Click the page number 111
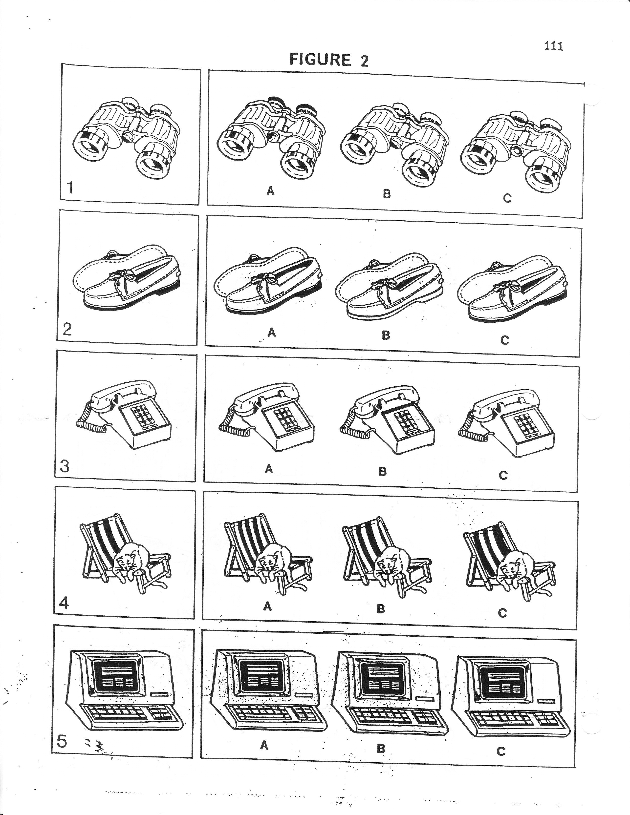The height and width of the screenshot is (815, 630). point(553,46)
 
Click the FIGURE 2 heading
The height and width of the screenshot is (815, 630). point(329,60)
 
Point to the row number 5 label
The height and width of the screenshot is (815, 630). point(62,741)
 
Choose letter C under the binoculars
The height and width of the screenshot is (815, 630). point(507,198)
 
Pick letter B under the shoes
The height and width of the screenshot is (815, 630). point(386,335)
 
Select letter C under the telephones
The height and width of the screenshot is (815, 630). point(503,475)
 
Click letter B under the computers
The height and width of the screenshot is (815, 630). point(381,748)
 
